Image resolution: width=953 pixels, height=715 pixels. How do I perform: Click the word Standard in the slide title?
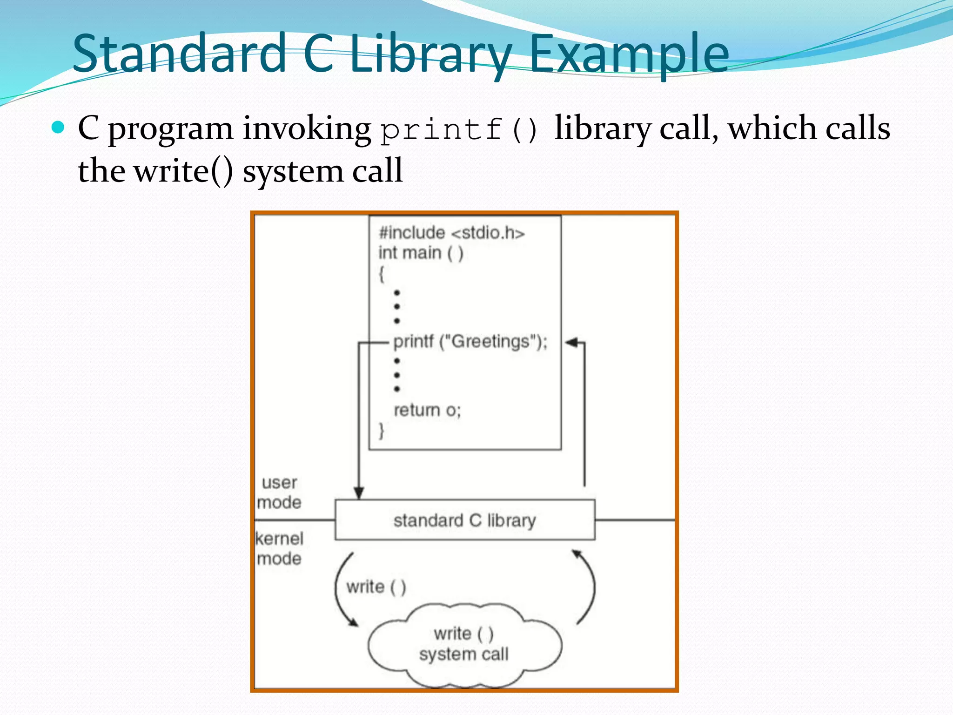pyautogui.click(x=179, y=53)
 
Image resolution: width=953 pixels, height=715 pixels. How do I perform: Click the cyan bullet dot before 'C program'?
pyautogui.click(x=58, y=127)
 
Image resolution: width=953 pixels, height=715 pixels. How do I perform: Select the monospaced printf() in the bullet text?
pyautogui.click(x=459, y=129)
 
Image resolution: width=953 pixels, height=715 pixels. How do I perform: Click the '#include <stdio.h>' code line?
pyautogui.click(x=451, y=233)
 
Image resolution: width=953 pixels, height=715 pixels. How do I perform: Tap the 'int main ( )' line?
pyautogui.click(x=421, y=253)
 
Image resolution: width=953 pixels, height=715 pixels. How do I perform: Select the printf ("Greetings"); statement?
pyautogui.click(x=470, y=342)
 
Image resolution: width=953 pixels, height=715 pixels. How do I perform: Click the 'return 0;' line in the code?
pyautogui.click(x=427, y=410)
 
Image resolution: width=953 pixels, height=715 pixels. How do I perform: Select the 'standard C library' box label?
pyautogui.click(x=464, y=520)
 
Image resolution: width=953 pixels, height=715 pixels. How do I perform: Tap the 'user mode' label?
pyautogui.click(x=279, y=492)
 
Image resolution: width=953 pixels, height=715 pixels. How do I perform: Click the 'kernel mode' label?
pyautogui.click(x=279, y=548)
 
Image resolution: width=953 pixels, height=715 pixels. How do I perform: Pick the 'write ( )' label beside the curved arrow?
pyautogui.click(x=376, y=587)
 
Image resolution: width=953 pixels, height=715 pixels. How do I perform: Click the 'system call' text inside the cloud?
pyautogui.click(x=463, y=654)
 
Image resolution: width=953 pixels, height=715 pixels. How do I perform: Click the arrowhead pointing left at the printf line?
pyautogui.click(x=571, y=343)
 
